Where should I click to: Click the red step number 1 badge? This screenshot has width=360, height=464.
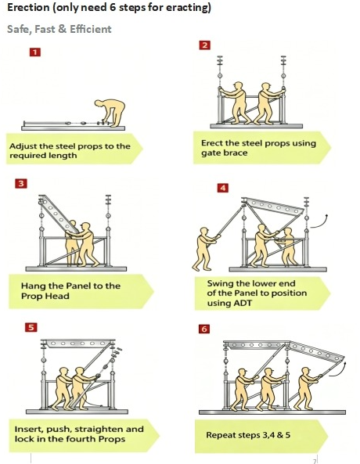35,52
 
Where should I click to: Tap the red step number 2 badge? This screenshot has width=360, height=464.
205,45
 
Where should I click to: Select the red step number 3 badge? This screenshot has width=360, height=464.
21,183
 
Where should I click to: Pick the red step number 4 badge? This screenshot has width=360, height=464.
222,188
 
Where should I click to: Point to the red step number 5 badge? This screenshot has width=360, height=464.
31,327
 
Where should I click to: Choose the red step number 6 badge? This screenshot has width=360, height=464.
204,329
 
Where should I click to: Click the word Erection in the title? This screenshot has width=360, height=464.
28,7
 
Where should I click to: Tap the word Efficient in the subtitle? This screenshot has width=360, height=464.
91,29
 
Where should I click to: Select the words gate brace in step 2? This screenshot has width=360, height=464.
224,153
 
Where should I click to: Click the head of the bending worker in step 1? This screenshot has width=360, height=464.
99,104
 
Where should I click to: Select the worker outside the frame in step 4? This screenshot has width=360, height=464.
206,249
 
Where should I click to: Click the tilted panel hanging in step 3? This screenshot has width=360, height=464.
59,214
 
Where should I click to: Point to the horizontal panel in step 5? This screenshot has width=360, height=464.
78,344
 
